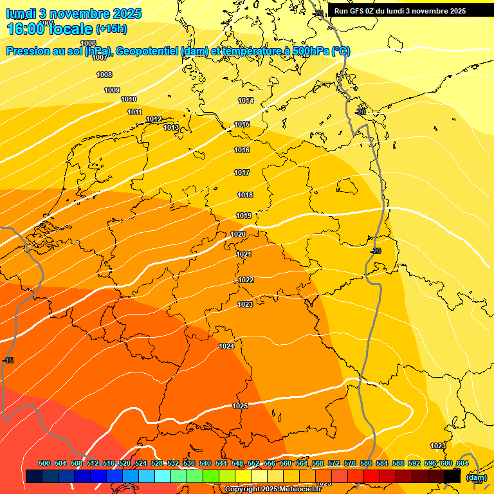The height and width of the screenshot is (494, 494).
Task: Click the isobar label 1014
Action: click(x=246, y=101)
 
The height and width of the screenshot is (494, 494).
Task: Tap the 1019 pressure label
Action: click(x=244, y=216)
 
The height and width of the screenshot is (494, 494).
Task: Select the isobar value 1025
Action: click(x=241, y=406)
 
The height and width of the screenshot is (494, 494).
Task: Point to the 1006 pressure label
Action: click(x=88, y=44)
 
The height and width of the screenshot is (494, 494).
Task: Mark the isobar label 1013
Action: click(x=171, y=128)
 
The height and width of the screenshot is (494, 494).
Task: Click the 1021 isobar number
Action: click(x=244, y=255)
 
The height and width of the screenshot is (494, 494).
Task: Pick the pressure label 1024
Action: click(x=226, y=347)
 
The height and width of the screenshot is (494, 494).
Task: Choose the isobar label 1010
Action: click(x=129, y=100)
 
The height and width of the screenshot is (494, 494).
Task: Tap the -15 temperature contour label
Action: click(x=8, y=361)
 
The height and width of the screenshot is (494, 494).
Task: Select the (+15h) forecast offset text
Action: click(x=111, y=29)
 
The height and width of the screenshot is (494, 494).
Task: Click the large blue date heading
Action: click(x=74, y=14)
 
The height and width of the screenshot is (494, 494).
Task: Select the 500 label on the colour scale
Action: click(x=44, y=464)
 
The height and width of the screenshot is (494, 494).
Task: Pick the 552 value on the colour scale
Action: click(x=253, y=464)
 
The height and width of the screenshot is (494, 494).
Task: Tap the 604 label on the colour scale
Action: click(x=462, y=464)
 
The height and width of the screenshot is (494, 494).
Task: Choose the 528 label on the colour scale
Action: click(x=157, y=464)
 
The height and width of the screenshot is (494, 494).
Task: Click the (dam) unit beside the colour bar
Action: click(x=476, y=477)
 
